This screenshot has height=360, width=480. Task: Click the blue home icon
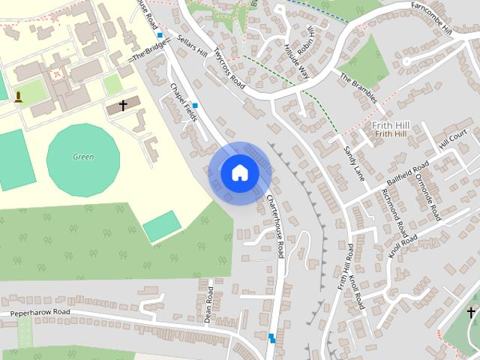point(239,172)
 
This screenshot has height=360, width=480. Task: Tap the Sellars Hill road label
point(190,46)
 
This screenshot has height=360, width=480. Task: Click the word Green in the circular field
point(83,157)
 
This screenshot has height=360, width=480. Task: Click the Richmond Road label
point(394,213)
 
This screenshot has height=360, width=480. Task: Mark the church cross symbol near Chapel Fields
point(123,106)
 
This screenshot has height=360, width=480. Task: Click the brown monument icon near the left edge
point(18,97)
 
